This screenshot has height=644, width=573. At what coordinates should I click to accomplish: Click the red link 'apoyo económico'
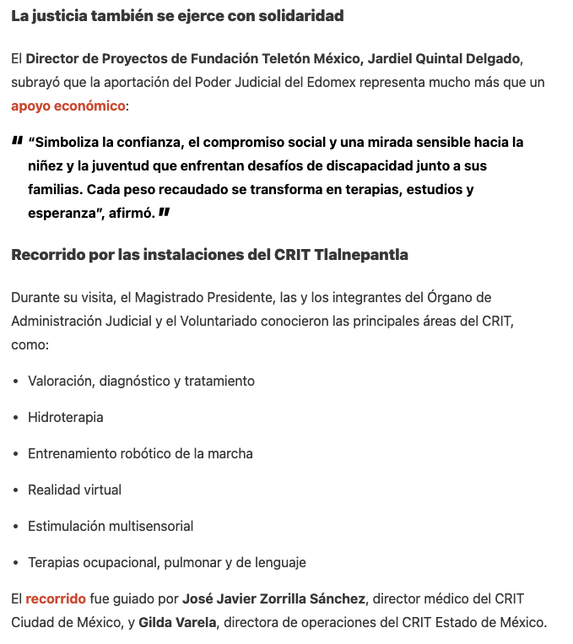pyautogui.click(x=68, y=106)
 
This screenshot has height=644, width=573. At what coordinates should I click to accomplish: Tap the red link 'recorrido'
pyautogui.click(x=56, y=599)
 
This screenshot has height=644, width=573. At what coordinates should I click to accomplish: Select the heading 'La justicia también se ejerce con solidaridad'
pyautogui.click(x=177, y=16)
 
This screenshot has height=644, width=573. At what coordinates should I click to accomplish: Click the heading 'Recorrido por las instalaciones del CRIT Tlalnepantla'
pyautogui.click(x=209, y=255)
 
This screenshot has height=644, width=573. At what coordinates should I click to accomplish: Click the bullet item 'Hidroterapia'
pyautogui.click(x=66, y=417)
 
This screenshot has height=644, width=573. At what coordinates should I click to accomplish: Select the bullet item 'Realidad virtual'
pyautogui.click(x=74, y=490)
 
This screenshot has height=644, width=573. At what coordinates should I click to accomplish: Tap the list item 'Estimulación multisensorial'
pyautogui.click(x=111, y=526)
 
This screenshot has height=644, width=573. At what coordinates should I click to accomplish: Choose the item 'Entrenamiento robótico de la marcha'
pyautogui.click(x=140, y=453)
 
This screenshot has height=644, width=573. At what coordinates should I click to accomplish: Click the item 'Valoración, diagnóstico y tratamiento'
pyautogui.click(x=141, y=381)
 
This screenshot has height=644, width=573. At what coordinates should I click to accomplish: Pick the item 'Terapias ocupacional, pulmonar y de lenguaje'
pyautogui.click(x=166, y=562)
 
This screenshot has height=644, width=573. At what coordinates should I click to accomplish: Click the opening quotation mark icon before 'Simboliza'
pyautogui.click(x=17, y=141)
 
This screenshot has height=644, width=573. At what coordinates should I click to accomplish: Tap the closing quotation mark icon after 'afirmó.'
pyautogui.click(x=164, y=213)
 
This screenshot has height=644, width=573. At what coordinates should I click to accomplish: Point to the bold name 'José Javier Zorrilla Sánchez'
pyautogui.click(x=273, y=599)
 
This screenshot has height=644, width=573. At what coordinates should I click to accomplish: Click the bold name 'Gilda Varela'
pyautogui.click(x=176, y=623)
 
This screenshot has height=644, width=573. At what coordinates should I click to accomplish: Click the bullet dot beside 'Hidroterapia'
pyautogui.click(x=16, y=418)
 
